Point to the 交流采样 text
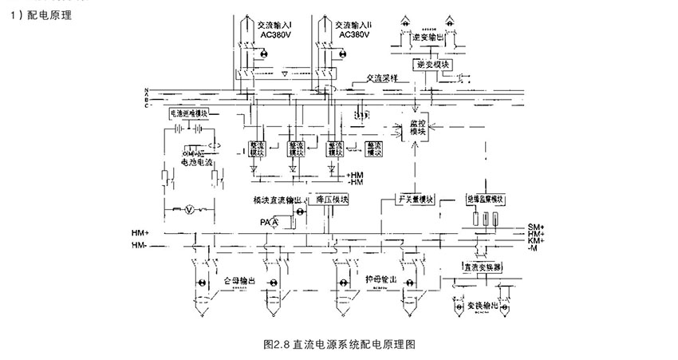tap(382, 78)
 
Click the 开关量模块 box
tap(416, 199)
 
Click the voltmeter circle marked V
tap(189, 209)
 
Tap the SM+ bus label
tap(536, 226)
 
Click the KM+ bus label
tap(536, 240)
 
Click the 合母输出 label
tap(237, 282)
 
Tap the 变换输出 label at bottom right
tap(483, 305)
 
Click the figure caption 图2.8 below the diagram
tap(340, 345)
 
